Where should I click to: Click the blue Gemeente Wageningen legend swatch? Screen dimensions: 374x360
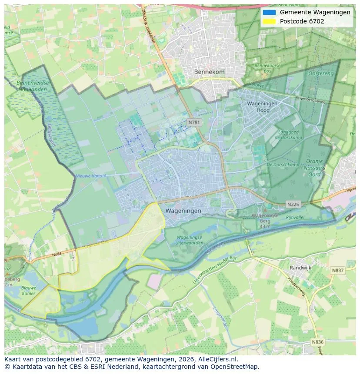click(x=269, y=12)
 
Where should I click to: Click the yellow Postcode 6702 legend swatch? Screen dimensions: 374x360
click(x=269, y=21)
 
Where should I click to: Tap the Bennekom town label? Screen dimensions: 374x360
click(x=209, y=72)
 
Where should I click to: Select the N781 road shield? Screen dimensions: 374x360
click(x=194, y=122)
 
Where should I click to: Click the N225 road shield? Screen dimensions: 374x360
click(x=293, y=204)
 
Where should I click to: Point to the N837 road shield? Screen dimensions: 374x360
click(x=337, y=270)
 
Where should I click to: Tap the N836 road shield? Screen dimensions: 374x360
click(x=318, y=342)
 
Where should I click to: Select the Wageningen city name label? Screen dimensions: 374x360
click(x=183, y=211)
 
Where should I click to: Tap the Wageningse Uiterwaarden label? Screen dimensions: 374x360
click(x=190, y=240)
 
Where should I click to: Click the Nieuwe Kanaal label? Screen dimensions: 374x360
click(x=91, y=176)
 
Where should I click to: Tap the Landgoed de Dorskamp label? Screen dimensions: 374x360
click(x=283, y=134)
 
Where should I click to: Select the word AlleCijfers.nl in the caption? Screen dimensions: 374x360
click(x=216, y=359)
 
